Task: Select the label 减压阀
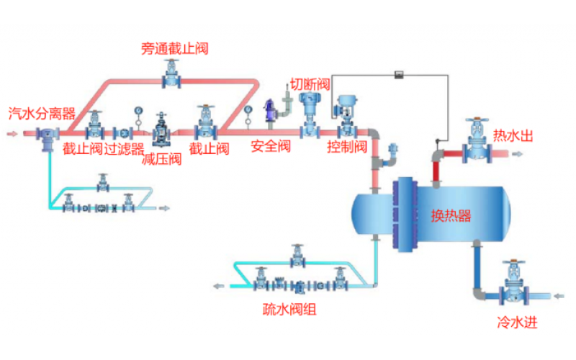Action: coord(162,159)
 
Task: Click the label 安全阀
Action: coord(270,147)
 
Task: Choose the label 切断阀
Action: coord(310,83)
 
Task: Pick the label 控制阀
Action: coord(347,148)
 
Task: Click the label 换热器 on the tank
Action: coord(451,216)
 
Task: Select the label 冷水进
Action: coord(517,322)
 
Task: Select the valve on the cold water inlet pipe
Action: coord(513,287)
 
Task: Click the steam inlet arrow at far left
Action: coord(12,133)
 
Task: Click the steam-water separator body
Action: coord(48,136)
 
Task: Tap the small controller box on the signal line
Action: coord(398,76)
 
